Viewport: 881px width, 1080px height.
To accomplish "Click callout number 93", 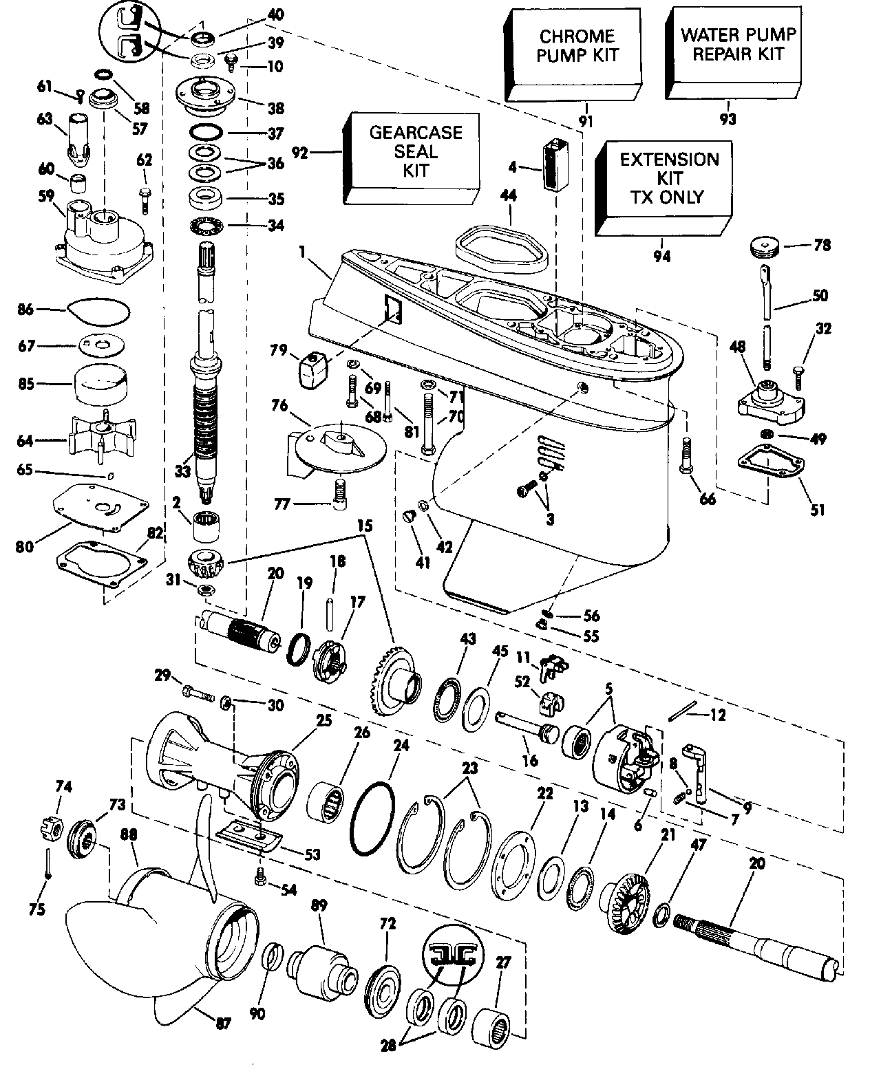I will click(x=728, y=120).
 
